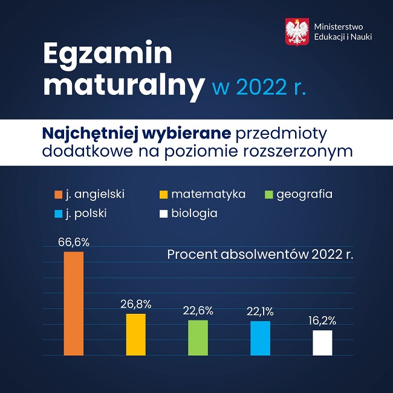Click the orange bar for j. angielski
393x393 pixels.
[x=73, y=303]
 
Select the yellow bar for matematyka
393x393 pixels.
[x=135, y=334]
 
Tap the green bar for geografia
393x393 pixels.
[x=198, y=337]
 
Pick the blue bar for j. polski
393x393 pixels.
[x=260, y=338]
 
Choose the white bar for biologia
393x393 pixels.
[x=322, y=342]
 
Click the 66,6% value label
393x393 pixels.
[x=73, y=242]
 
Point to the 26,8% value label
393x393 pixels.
[x=135, y=304]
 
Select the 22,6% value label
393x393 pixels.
[x=198, y=311]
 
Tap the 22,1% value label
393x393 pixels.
[x=260, y=312]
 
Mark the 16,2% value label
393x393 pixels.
[x=322, y=321]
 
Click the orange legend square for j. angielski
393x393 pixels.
[x=59, y=195]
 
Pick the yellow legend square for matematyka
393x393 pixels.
[x=163, y=195]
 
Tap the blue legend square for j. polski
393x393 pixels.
[x=59, y=213]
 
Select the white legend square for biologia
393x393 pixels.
[x=163, y=213]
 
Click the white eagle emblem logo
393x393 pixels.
[x=297, y=31]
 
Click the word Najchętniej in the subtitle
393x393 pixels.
[x=81, y=132]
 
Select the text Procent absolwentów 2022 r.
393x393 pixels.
[x=260, y=255]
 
